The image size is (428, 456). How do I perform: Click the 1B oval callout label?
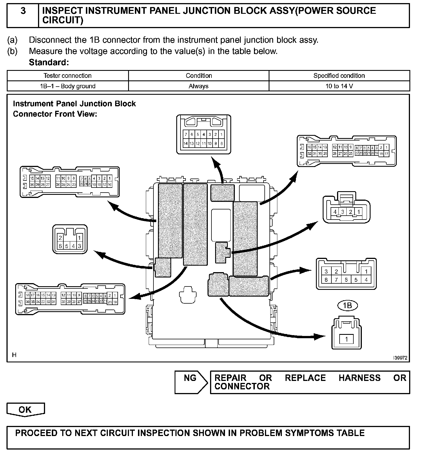point(347,306)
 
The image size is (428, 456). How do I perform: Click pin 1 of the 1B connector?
point(346,339)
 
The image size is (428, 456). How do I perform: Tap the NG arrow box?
point(191,382)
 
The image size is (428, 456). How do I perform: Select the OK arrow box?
point(25,410)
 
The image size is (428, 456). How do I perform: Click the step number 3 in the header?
point(23,11)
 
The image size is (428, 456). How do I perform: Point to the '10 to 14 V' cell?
point(339,86)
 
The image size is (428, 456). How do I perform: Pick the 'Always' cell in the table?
point(199,86)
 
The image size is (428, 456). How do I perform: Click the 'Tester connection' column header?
point(68,76)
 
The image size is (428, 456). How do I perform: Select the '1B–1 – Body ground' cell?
point(68,86)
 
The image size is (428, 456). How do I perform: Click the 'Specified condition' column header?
point(339,76)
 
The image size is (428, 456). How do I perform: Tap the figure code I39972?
point(400,358)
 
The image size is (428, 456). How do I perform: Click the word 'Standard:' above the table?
point(49,62)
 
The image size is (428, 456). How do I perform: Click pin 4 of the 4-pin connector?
point(335,212)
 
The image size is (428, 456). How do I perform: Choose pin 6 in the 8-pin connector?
point(346,280)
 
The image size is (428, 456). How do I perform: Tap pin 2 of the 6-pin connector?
point(60,238)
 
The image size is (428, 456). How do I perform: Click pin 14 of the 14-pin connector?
point(186,143)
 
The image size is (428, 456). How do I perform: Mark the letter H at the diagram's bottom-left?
point(14,355)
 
